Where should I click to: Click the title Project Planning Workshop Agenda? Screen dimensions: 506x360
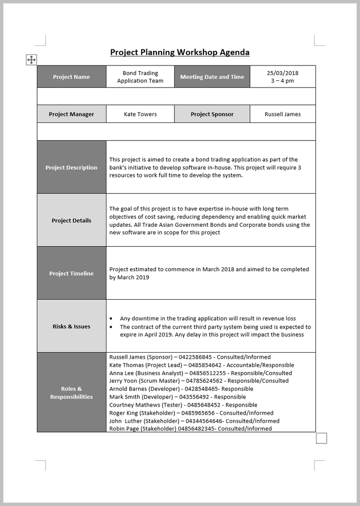[179, 52]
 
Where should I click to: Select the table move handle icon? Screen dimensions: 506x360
[31, 60]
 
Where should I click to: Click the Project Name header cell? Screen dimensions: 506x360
[71, 77]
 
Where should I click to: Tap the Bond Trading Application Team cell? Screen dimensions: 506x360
[140, 77]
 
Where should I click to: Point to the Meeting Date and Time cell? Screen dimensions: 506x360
[212, 77]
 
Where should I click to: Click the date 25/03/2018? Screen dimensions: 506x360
[282, 73]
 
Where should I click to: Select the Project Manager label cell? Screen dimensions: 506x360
[71, 114]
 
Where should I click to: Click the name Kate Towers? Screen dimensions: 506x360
[140, 114]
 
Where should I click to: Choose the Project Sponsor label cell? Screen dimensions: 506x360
[212, 114]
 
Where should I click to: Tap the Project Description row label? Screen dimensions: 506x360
[71, 168]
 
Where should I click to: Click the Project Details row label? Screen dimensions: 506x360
[71, 221]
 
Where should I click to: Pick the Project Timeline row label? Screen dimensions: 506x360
[71, 274]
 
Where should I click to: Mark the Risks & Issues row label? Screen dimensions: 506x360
[71, 327]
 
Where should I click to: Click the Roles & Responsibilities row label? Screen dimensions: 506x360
[71, 393]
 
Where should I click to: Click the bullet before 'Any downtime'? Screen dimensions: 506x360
[110, 319]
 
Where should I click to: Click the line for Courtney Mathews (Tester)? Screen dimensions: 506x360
[183, 405]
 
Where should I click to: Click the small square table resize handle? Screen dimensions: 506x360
[321, 439]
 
